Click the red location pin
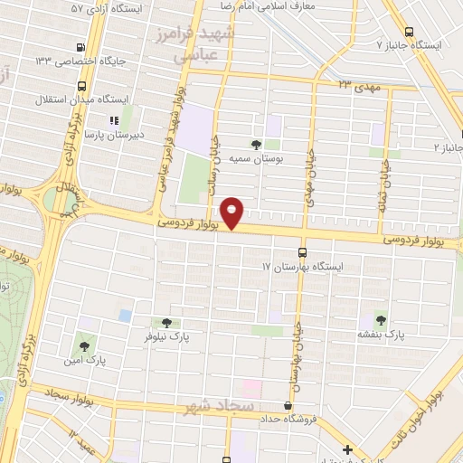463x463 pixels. [233, 213]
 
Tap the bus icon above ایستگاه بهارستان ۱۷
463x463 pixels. [301, 253]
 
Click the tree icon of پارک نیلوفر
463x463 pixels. [165, 323]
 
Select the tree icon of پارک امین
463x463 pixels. [85, 345]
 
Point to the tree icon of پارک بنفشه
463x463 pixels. [380, 320]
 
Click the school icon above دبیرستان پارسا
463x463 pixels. [113, 119]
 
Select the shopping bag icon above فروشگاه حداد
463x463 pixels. [288, 405]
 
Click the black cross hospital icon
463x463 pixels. [347, 449]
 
